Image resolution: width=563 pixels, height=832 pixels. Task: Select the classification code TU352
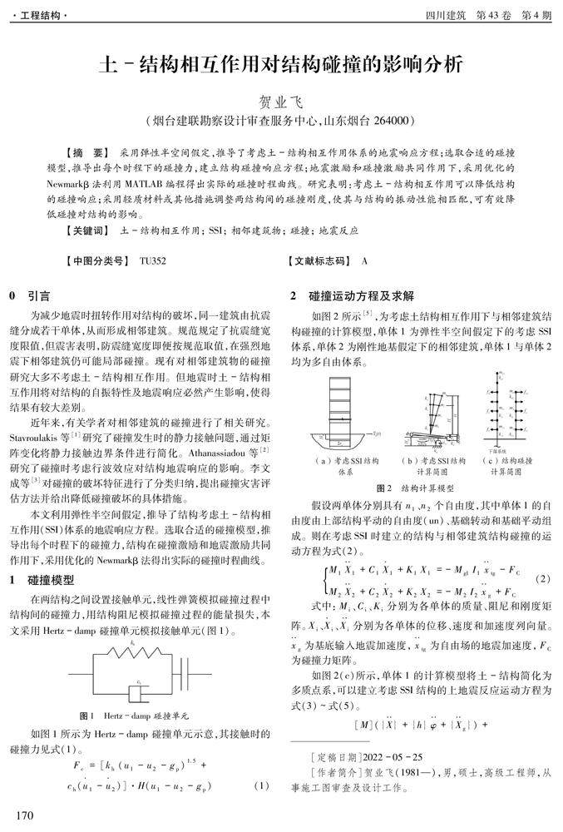[x=153, y=261]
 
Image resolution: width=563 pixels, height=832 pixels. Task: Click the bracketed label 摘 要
[x=86, y=154]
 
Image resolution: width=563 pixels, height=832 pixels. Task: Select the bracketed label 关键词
[x=86, y=230]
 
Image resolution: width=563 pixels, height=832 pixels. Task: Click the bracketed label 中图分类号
[x=96, y=261]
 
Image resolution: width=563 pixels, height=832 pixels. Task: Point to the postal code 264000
[x=393, y=121]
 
